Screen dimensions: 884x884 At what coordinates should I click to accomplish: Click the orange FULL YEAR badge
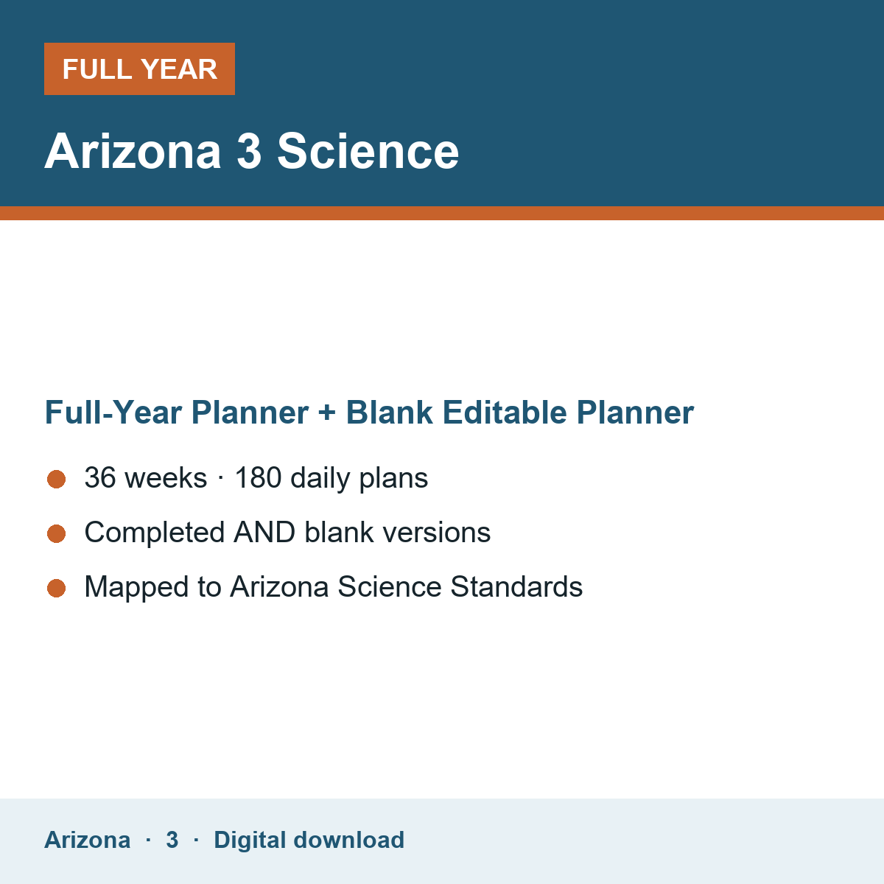tap(139, 69)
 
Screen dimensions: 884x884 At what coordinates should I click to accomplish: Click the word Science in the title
tap(368, 151)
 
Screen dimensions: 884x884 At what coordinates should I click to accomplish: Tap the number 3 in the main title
tap(249, 151)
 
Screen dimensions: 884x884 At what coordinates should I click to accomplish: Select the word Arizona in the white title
tap(133, 151)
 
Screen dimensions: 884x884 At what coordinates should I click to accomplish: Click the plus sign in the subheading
tap(327, 413)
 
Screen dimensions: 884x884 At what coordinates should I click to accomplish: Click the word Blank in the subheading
tap(389, 413)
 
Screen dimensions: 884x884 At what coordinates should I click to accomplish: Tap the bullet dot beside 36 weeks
tap(57, 480)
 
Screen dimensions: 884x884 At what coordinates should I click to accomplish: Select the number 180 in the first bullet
tap(258, 477)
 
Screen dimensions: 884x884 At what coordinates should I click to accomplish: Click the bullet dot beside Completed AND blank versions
tap(57, 533)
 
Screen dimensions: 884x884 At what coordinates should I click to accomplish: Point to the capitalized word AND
tap(264, 532)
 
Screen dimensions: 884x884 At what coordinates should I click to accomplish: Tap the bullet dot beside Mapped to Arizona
tap(57, 588)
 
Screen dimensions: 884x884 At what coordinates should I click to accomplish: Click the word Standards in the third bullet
tap(516, 586)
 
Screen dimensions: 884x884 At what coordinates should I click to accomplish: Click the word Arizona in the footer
tap(87, 840)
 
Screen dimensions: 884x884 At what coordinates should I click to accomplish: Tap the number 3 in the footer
tap(172, 840)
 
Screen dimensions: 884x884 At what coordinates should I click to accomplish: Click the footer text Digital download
tap(309, 840)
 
